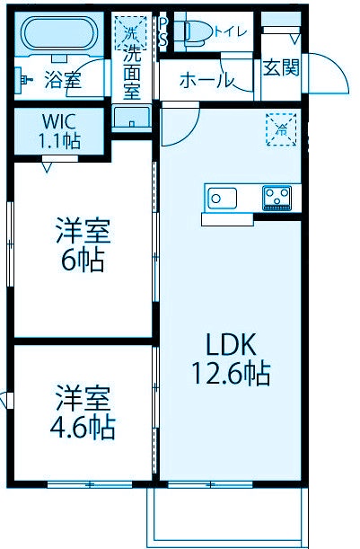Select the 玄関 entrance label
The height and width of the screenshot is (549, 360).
tap(281, 68)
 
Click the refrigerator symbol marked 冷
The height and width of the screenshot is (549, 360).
tap(280, 128)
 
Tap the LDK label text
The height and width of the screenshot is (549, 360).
tap(233, 344)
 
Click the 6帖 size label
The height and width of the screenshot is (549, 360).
tap(83, 261)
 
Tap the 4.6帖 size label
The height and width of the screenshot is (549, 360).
tap(82, 426)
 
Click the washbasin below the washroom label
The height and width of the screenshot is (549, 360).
tap(132, 117)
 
